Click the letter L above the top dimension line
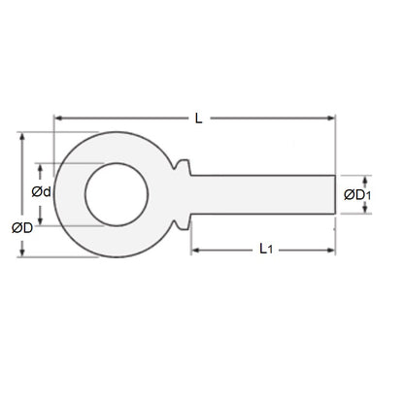pyautogui.click(x=197, y=118)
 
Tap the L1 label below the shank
pyautogui.click(x=265, y=250)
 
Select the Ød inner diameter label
pyautogui.click(x=41, y=192)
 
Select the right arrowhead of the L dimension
pyautogui.click(x=333, y=118)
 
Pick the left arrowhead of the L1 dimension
pyautogui.click(x=192, y=251)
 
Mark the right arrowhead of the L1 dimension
pyautogui.click(x=333, y=251)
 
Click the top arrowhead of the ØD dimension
pyautogui.click(x=22, y=135)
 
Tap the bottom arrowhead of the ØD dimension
pyautogui.click(x=22, y=254)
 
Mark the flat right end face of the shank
pyautogui.click(x=335, y=195)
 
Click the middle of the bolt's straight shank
pyautogui.click(x=262, y=195)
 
